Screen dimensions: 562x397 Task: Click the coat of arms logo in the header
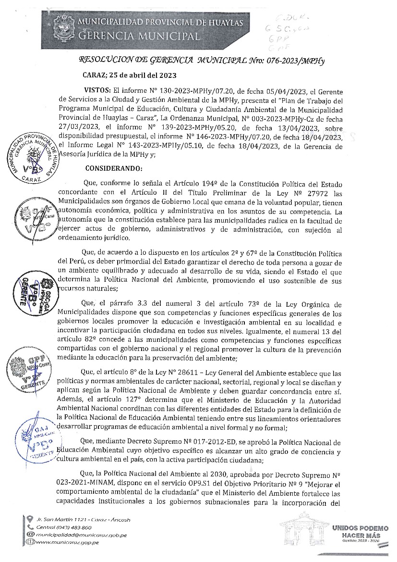point(62,28)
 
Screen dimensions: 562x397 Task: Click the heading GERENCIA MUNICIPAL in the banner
point(139,36)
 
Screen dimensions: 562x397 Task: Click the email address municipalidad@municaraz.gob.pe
point(79,534)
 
